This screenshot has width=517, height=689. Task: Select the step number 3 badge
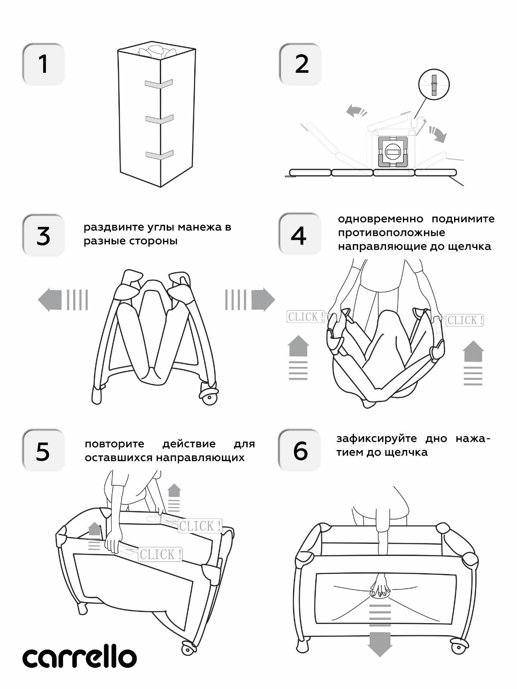tap(43, 236)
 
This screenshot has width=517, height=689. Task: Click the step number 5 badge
tap(43, 450)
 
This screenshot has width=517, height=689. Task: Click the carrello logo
tap(80, 658)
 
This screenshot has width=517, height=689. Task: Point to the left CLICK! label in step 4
tap(305, 317)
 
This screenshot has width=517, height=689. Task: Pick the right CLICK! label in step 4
tap(465, 320)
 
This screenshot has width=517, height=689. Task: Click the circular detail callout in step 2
tap(434, 84)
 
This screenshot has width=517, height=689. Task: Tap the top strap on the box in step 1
tap(159, 84)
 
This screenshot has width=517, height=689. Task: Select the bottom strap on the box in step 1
tap(159, 155)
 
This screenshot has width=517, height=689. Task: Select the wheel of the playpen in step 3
tap(209, 397)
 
